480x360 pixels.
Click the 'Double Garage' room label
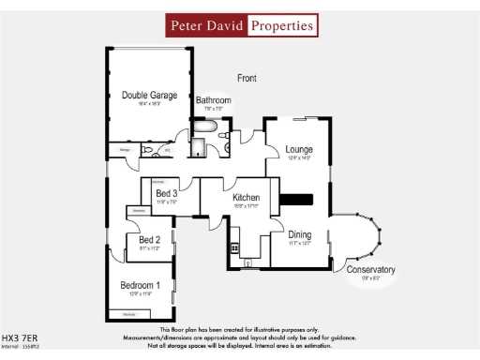click(x=148, y=95)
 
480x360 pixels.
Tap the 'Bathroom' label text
click(x=213, y=100)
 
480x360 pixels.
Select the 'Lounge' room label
click(x=299, y=149)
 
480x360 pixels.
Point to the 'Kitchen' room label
click(x=246, y=198)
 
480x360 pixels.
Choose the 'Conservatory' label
click(x=370, y=270)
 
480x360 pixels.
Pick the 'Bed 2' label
click(x=137, y=240)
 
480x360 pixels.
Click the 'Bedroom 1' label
click(x=140, y=285)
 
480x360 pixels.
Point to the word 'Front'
click(x=247, y=78)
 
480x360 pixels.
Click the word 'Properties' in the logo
click(x=282, y=25)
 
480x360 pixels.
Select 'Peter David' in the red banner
click(x=206, y=25)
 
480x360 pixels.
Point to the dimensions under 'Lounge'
click(x=299, y=158)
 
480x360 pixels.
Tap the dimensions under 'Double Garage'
click(x=148, y=104)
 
